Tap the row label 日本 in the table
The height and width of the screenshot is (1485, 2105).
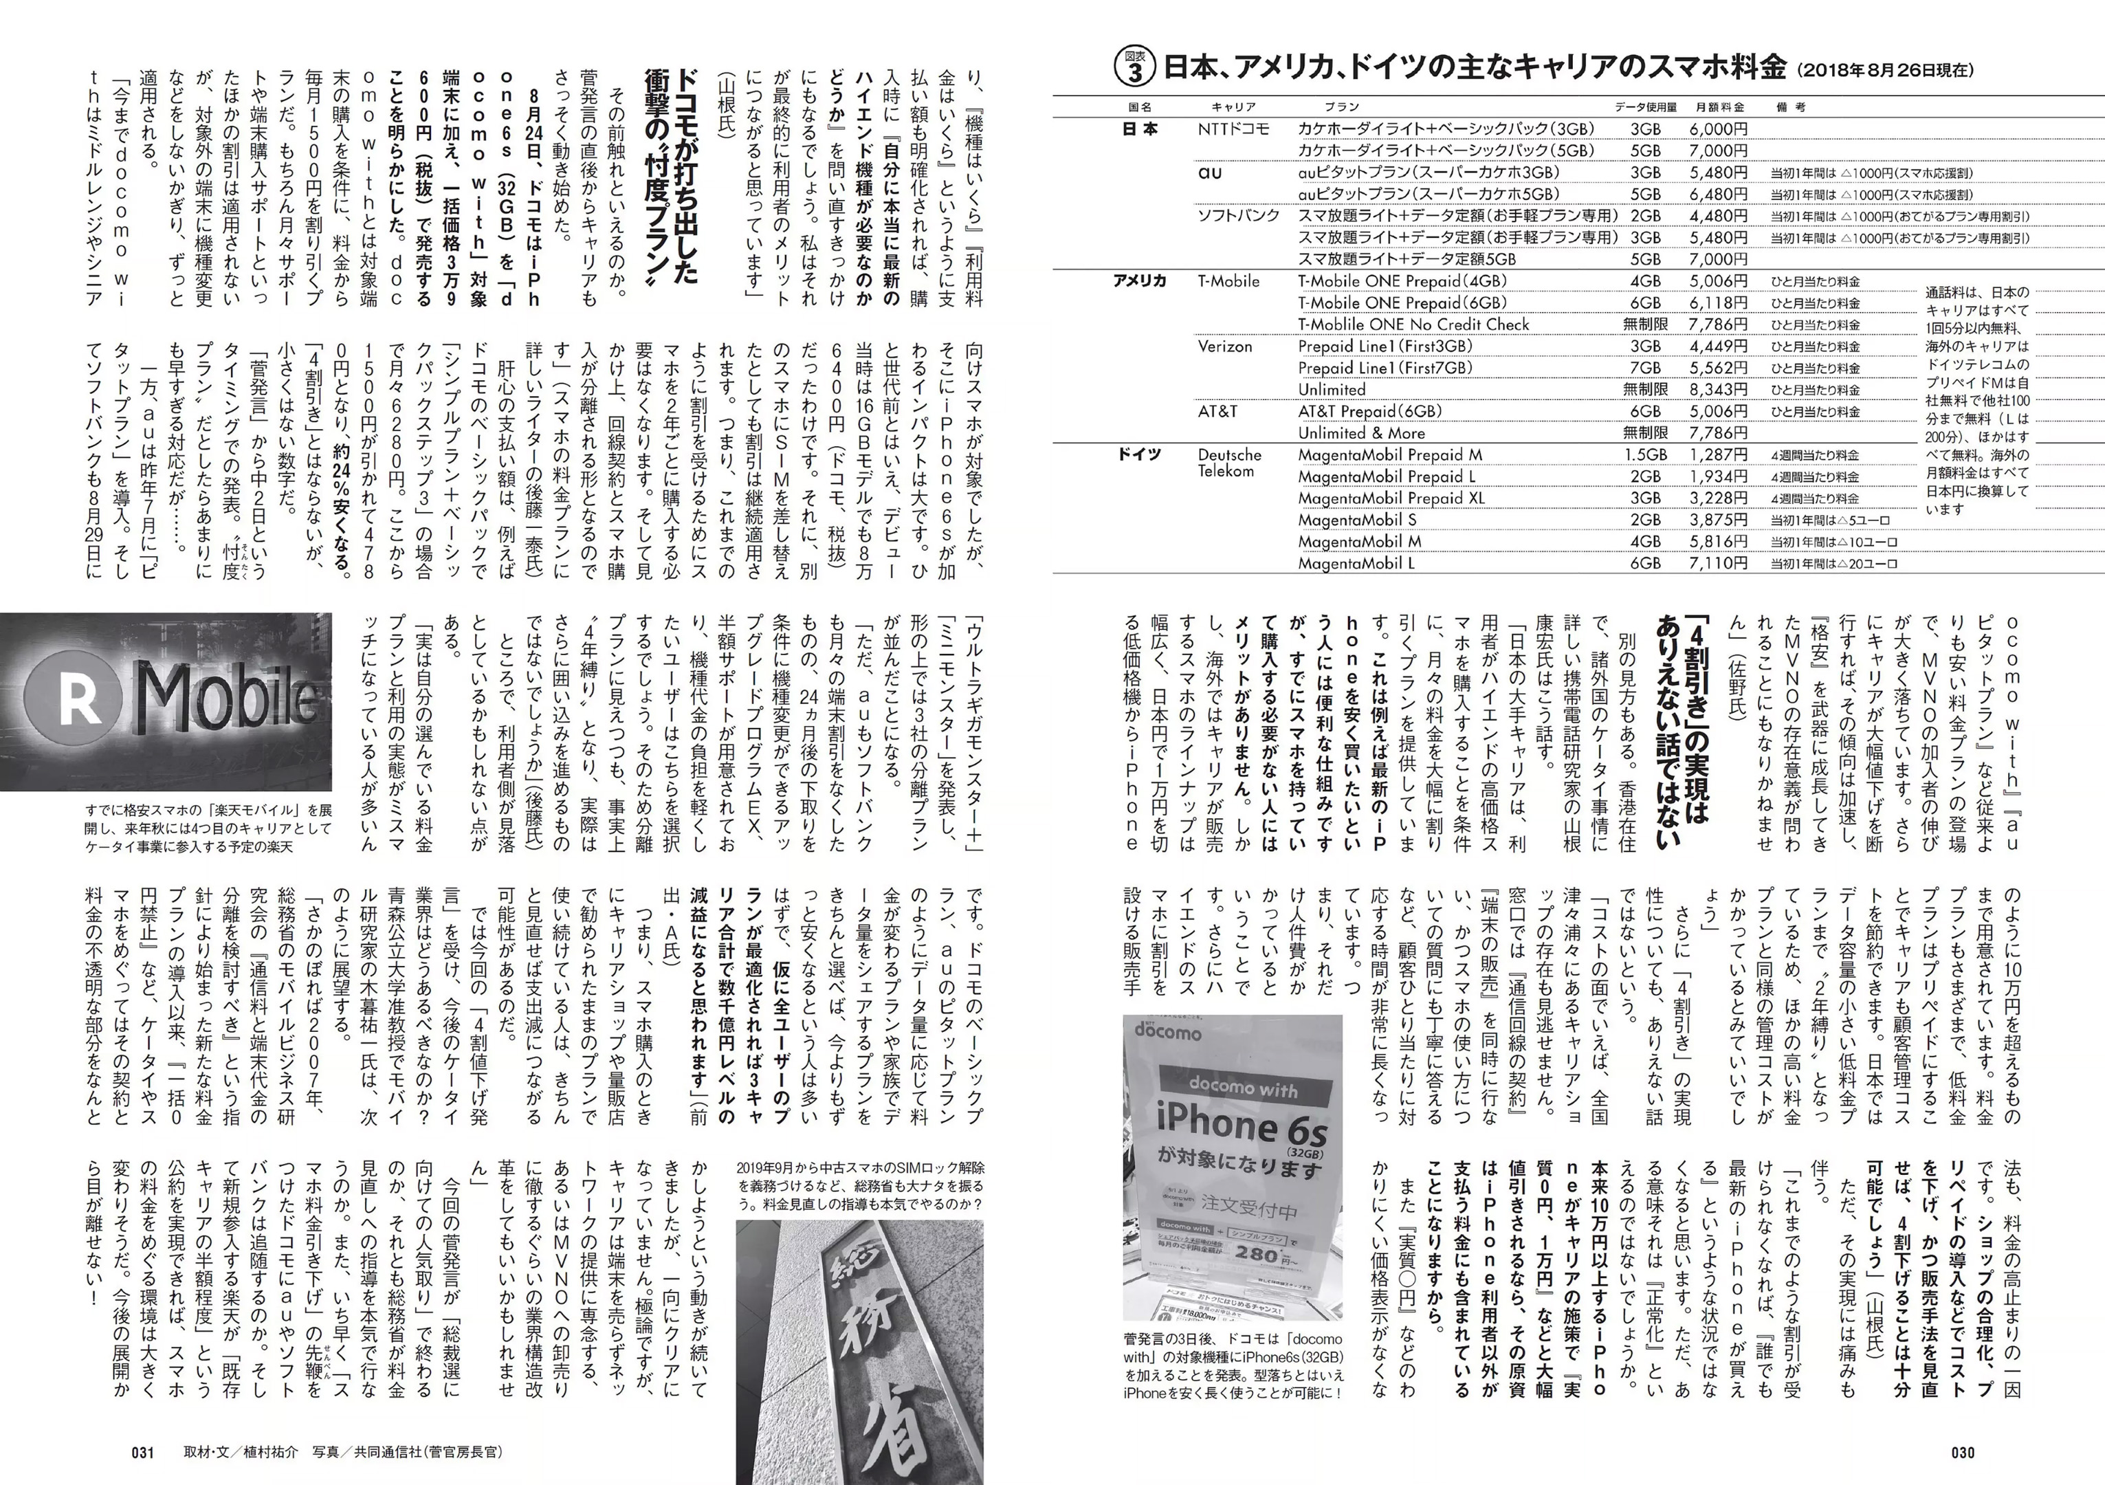pyautogui.click(x=1140, y=129)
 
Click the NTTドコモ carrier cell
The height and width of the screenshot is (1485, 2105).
pyautogui.click(x=1233, y=129)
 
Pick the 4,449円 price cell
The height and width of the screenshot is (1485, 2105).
pyautogui.click(x=1718, y=346)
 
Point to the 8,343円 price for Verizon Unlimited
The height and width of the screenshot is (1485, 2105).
pyautogui.click(x=1718, y=390)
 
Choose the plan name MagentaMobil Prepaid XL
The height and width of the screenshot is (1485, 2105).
pyautogui.click(x=1391, y=498)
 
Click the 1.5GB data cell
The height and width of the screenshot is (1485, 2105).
pyautogui.click(x=1644, y=454)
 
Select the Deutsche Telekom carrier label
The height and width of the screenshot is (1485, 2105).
pyautogui.click(x=1229, y=463)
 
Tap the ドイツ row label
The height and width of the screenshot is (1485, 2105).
pyautogui.click(x=1140, y=454)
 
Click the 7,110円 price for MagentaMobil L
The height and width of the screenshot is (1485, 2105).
pyautogui.click(x=1718, y=563)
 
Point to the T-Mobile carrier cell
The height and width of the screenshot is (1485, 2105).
pyautogui.click(x=1228, y=281)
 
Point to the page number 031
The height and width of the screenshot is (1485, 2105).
pyautogui.click(x=143, y=1452)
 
